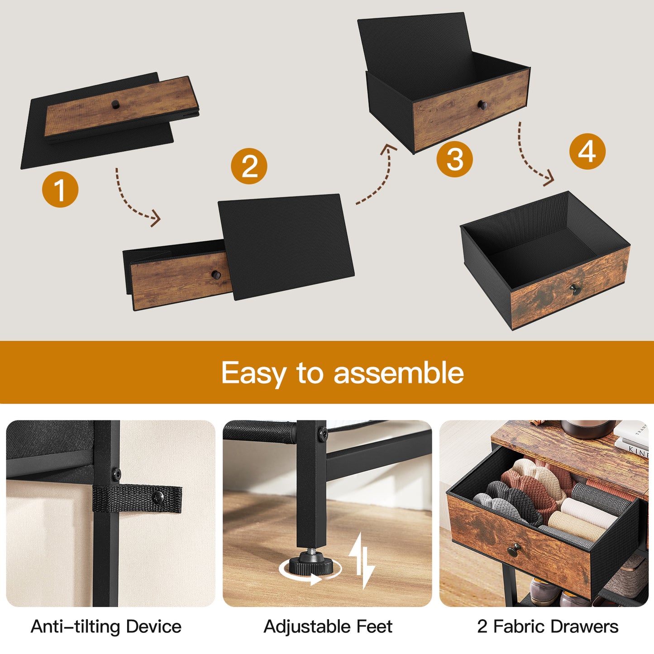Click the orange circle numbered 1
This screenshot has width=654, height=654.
(60, 189)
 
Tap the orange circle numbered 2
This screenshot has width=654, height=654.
(249, 166)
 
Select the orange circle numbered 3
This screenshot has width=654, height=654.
(454, 159)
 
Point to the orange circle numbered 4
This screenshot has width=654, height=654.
(587, 151)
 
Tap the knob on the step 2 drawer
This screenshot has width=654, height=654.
(216, 274)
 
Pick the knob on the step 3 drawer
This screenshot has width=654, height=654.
(482, 105)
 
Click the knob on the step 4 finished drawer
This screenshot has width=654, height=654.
(575, 289)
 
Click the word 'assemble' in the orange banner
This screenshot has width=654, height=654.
(398, 373)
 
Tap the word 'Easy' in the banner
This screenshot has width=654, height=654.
(253, 373)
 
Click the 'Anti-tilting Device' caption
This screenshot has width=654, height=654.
(106, 626)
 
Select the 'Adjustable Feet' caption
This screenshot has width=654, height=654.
(328, 626)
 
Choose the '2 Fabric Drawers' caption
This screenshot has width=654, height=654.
(547, 626)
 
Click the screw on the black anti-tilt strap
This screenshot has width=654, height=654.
(158, 497)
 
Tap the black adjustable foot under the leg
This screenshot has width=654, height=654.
(310, 563)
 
